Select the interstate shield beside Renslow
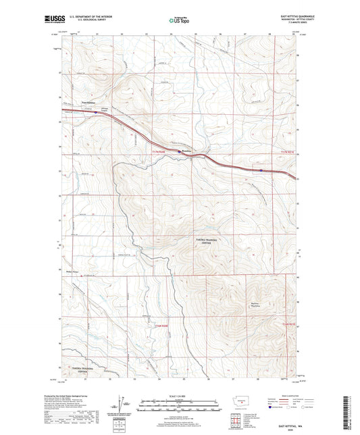coord(179,153)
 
